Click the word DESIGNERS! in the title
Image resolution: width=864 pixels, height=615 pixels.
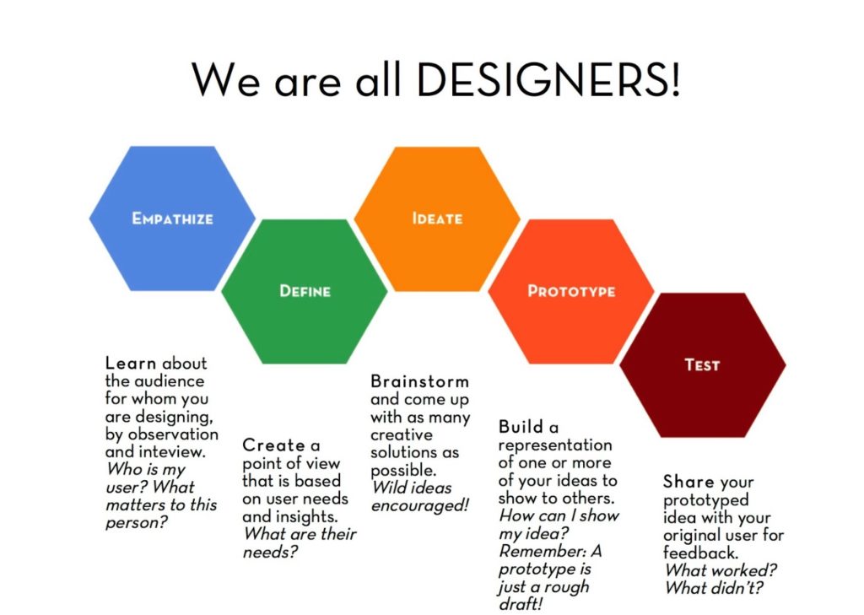(x=548, y=79)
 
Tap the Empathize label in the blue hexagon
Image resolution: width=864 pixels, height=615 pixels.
(x=172, y=218)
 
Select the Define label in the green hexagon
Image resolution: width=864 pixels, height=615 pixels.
(x=305, y=291)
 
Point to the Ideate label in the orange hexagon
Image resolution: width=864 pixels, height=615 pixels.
(x=438, y=218)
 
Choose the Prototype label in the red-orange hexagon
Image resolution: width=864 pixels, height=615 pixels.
(x=571, y=291)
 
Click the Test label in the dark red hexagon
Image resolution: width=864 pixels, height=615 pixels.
(x=702, y=364)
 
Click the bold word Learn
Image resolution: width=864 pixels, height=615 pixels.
(x=131, y=363)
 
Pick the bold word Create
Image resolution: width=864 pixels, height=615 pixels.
(x=273, y=445)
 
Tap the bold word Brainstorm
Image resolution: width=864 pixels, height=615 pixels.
(x=420, y=381)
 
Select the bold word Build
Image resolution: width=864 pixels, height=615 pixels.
(x=521, y=427)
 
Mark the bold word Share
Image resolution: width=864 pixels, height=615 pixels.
(x=688, y=482)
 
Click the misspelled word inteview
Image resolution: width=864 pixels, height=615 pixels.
(x=172, y=452)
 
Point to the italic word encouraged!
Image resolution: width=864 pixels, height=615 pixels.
(x=420, y=506)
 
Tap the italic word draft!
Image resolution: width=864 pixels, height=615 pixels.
(x=521, y=604)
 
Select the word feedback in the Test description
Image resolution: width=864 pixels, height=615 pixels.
(x=699, y=553)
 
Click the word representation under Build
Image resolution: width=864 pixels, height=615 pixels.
(x=555, y=445)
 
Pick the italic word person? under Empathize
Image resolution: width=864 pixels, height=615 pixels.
(x=136, y=523)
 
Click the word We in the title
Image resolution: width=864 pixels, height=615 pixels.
(x=226, y=80)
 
